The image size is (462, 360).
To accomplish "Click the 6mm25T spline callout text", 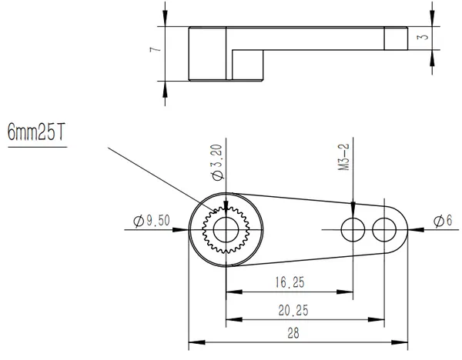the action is click(x=36, y=132).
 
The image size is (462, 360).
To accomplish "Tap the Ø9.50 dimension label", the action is click(x=152, y=221).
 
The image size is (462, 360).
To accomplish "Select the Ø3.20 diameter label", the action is click(x=217, y=162).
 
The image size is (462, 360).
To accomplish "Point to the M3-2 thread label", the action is click(x=343, y=157).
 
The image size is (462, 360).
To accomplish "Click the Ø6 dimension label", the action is click(x=443, y=221).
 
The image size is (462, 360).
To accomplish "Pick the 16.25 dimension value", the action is click(x=290, y=282).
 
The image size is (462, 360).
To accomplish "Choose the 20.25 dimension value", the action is click(x=293, y=310).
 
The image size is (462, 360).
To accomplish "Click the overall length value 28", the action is click(x=293, y=333).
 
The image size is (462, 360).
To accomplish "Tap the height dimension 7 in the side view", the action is click(x=156, y=49).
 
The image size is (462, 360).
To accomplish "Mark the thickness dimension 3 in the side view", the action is click(x=423, y=37).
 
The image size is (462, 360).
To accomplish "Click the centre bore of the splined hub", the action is click(x=226, y=230).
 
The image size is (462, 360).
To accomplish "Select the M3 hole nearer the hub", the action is click(x=353, y=229).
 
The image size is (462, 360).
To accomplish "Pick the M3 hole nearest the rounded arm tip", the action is click(x=384, y=229).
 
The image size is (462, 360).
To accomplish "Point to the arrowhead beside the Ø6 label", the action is click(x=416, y=229).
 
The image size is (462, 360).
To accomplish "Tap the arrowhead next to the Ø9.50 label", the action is click(x=180, y=229).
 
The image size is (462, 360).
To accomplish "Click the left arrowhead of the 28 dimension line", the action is click(x=197, y=342).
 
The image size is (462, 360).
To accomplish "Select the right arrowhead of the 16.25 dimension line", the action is click(x=345, y=292).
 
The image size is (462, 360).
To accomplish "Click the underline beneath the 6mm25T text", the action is click(x=38, y=147).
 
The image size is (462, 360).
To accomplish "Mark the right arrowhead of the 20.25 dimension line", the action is click(x=377, y=319).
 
